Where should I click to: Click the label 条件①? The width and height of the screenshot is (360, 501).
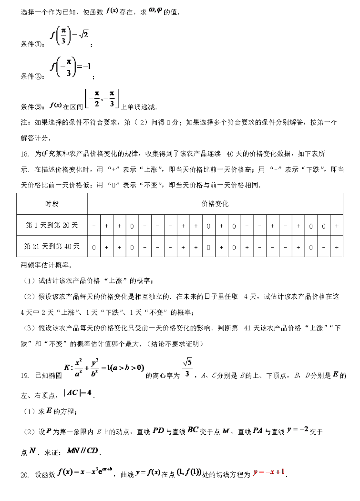click(x=32, y=44)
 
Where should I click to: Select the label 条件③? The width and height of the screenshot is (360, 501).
click(x=32, y=106)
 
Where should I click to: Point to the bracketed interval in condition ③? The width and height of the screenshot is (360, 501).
click(x=101, y=99)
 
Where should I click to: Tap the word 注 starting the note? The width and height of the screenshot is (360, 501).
click(x=24, y=123)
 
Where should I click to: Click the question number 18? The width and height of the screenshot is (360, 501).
click(x=25, y=154)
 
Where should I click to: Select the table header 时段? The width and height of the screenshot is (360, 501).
click(x=52, y=204)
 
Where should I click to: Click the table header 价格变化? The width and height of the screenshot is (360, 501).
click(x=215, y=204)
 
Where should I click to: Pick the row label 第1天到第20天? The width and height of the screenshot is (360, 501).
click(x=52, y=225)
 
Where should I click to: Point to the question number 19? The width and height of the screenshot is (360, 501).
click(x=25, y=376)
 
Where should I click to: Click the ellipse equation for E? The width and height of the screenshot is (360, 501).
click(x=100, y=369)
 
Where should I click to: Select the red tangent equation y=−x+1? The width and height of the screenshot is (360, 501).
click(x=269, y=473)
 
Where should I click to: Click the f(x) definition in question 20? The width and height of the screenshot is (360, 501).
click(x=84, y=473)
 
